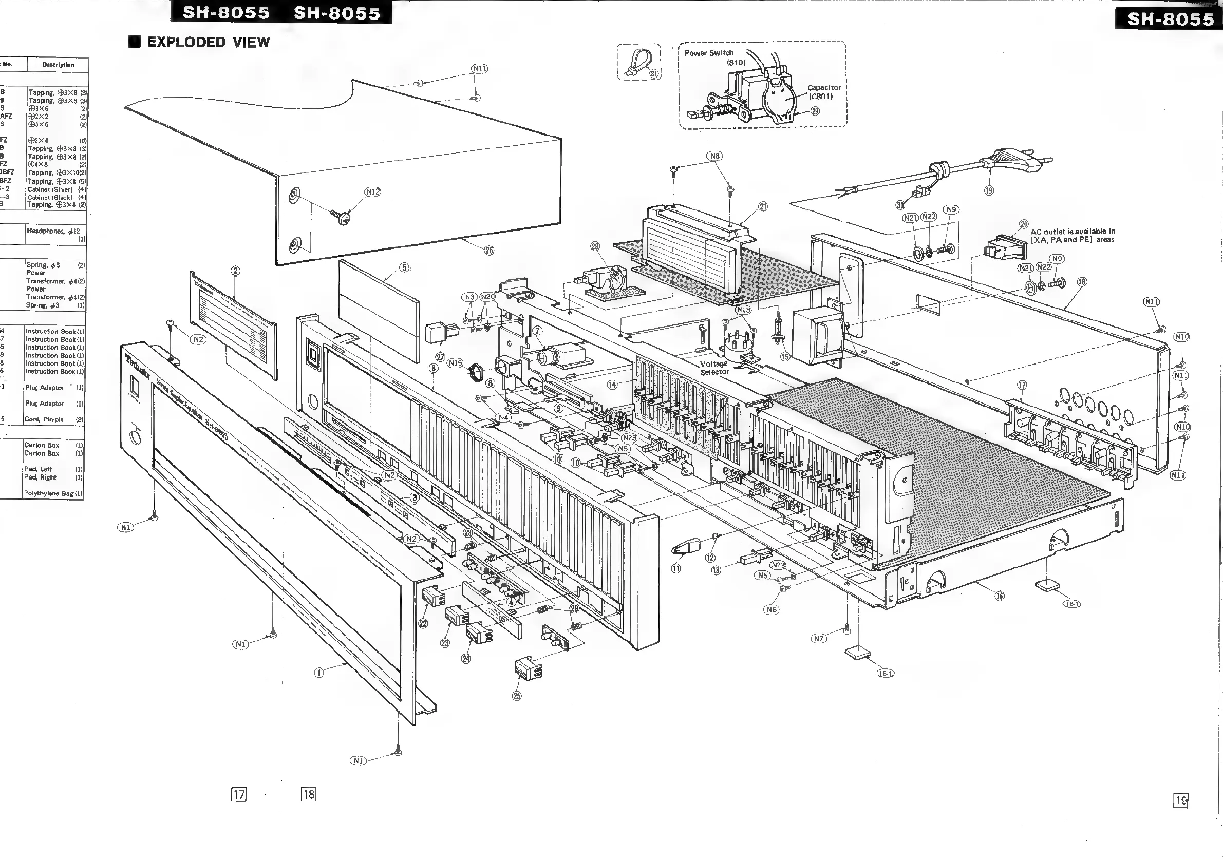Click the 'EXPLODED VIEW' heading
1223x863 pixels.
coord(208,42)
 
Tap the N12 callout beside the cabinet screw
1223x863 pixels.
coord(373,191)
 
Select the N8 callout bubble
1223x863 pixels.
coord(715,156)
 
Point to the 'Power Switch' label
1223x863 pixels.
coord(708,53)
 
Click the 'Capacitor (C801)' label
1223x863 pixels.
coord(823,91)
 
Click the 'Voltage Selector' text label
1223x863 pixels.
coord(714,368)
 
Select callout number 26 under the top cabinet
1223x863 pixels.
coord(488,250)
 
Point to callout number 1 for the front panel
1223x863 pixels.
coord(319,673)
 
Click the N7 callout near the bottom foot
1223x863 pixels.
coord(819,638)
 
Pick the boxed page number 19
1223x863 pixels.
coord(1181,800)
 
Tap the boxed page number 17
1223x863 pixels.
coord(239,794)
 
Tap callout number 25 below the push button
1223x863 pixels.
coord(517,696)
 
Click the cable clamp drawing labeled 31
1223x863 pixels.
coord(637,61)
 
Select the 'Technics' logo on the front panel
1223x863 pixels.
coord(138,365)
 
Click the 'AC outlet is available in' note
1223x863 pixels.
coord(1073,232)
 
